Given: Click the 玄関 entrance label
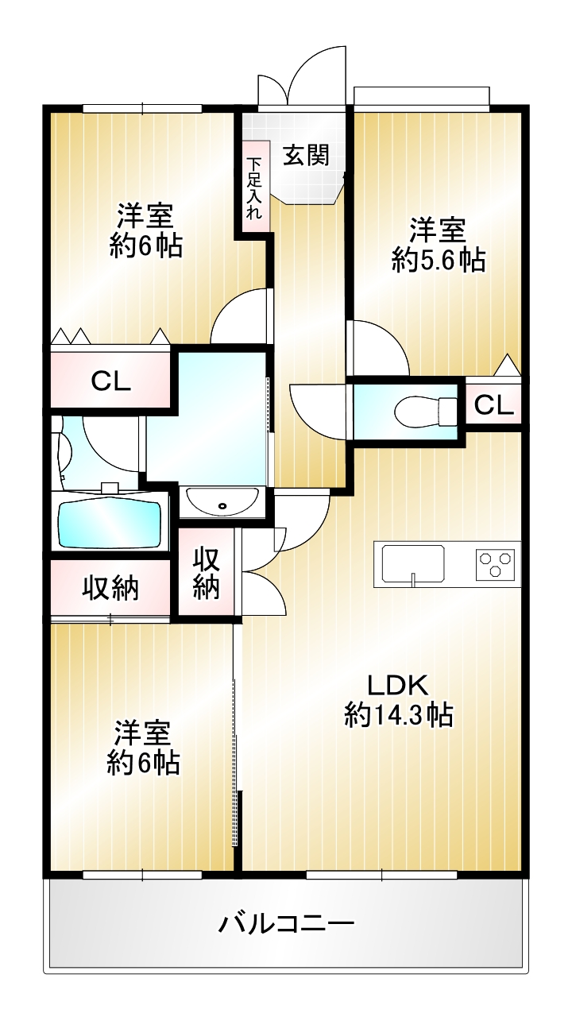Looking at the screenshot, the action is pos(307,156).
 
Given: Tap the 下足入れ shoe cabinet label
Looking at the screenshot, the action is pos(254,188).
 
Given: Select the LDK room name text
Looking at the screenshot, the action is pos(398,685).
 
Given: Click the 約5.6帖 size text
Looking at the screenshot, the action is pos(439,260).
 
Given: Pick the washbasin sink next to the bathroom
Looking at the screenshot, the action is pos(222,501).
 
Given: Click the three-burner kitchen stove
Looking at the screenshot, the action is pos(495,564).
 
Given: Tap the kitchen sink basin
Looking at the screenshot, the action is pos(414,563).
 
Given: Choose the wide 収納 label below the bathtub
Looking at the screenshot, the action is pos(110,590).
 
